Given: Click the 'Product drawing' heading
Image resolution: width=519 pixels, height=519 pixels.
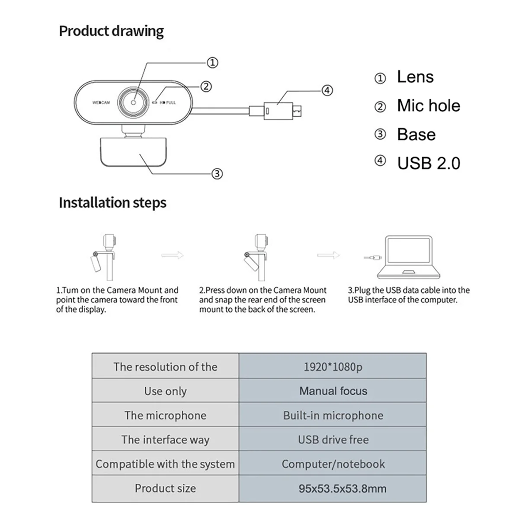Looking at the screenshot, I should click(x=111, y=32).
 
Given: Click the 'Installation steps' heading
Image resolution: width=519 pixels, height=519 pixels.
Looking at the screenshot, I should click(x=112, y=203).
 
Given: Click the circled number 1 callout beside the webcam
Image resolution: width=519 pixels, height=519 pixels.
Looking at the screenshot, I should click(x=212, y=63).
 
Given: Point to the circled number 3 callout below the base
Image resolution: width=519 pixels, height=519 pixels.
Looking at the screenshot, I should click(x=217, y=174).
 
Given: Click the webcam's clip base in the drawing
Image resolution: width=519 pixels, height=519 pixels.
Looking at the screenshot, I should click(x=133, y=151).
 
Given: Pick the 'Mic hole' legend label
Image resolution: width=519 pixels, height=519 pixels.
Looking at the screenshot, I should click(x=429, y=106).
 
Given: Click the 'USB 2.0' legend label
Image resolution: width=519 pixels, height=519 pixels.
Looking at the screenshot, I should click(x=429, y=163).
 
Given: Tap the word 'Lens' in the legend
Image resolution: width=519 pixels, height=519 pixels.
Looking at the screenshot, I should click(x=415, y=77).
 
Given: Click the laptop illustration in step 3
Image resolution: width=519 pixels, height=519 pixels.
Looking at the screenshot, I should click(x=408, y=258).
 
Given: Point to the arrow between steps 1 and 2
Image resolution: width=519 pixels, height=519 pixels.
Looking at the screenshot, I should click(x=172, y=256).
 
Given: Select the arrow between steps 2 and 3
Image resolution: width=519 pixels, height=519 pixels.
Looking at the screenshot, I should click(x=329, y=256).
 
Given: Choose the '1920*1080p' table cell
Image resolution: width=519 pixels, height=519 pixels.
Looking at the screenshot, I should click(x=333, y=367).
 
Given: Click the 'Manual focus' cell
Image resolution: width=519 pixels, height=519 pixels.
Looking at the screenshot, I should click(x=333, y=391).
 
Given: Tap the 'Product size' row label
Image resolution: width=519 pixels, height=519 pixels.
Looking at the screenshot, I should click(x=165, y=488).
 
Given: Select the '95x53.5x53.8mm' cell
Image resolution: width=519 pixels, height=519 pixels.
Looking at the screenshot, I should click(x=342, y=489).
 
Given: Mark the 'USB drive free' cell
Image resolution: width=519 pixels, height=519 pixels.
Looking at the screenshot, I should click(x=333, y=440).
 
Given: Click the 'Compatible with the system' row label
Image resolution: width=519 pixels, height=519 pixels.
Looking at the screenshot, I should click(x=165, y=464).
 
